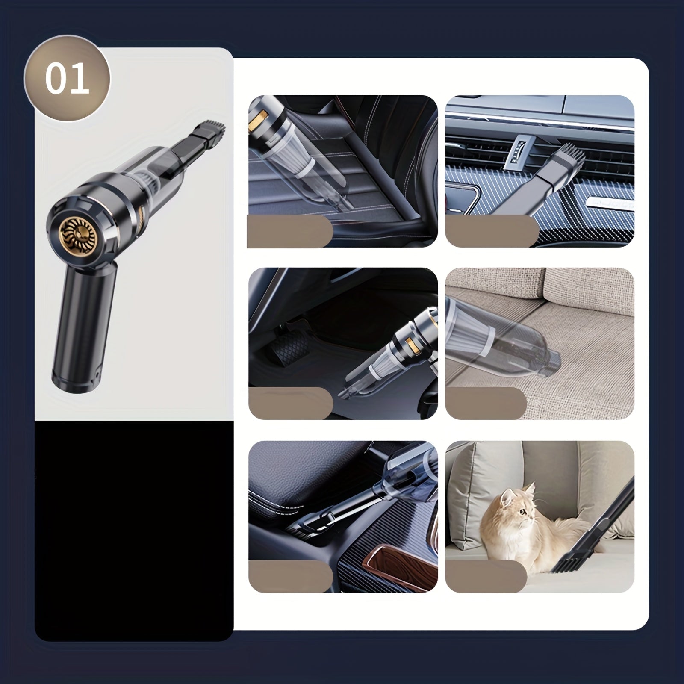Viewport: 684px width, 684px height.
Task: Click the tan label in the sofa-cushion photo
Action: pyautogui.click(x=486, y=403)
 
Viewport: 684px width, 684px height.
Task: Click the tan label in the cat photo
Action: pyautogui.click(x=486, y=576)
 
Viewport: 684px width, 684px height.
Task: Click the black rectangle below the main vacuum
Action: pyautogui.click(x=133, y=530)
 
